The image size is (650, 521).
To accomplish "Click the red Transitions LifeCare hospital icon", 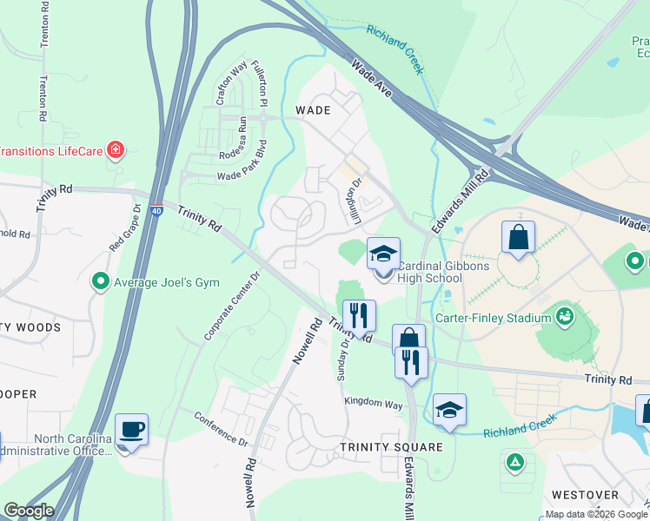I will [x=115, y=150].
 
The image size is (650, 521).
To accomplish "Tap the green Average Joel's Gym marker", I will [x=101, y=282].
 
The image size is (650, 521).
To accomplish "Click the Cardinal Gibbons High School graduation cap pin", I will [x=383, y=254].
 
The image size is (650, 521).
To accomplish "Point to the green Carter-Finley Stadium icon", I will [x=566, y=314].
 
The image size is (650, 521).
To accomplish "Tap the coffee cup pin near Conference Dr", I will [x=131, y=430].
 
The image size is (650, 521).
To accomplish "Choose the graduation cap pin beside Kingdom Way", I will [x=449, y=411].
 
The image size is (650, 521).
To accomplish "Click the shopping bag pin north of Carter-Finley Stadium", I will [x=518, y=236].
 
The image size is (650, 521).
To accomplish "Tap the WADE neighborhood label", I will [x=313, y=110].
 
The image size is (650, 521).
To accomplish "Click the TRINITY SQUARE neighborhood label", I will [x=391, y=447].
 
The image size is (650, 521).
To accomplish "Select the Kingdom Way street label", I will [x=374, y=404].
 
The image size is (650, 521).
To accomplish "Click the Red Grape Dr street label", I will [x=123, y=228].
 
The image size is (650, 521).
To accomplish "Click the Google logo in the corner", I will [x=29, y=511].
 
